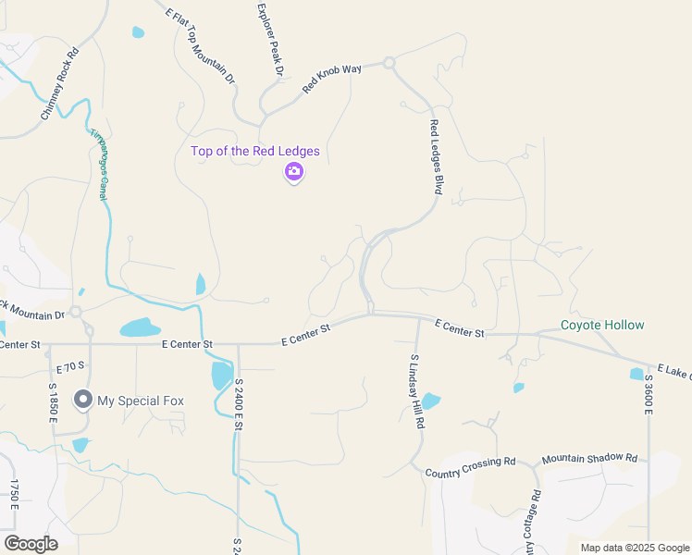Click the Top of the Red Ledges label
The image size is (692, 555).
[255, 151]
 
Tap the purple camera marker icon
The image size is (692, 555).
[294, 171]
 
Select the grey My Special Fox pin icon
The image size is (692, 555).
[83, 400]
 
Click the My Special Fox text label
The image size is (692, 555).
[142, 401]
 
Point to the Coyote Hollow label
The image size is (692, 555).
[602, 325]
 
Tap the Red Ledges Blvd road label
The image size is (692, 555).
[435, 155]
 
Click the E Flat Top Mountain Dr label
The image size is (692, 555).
[200, 44]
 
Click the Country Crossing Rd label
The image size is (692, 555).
[470, 467]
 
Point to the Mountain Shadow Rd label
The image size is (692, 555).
[589, 458]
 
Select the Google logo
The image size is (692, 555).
[31, 544]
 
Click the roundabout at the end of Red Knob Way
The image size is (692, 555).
[389, 64]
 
